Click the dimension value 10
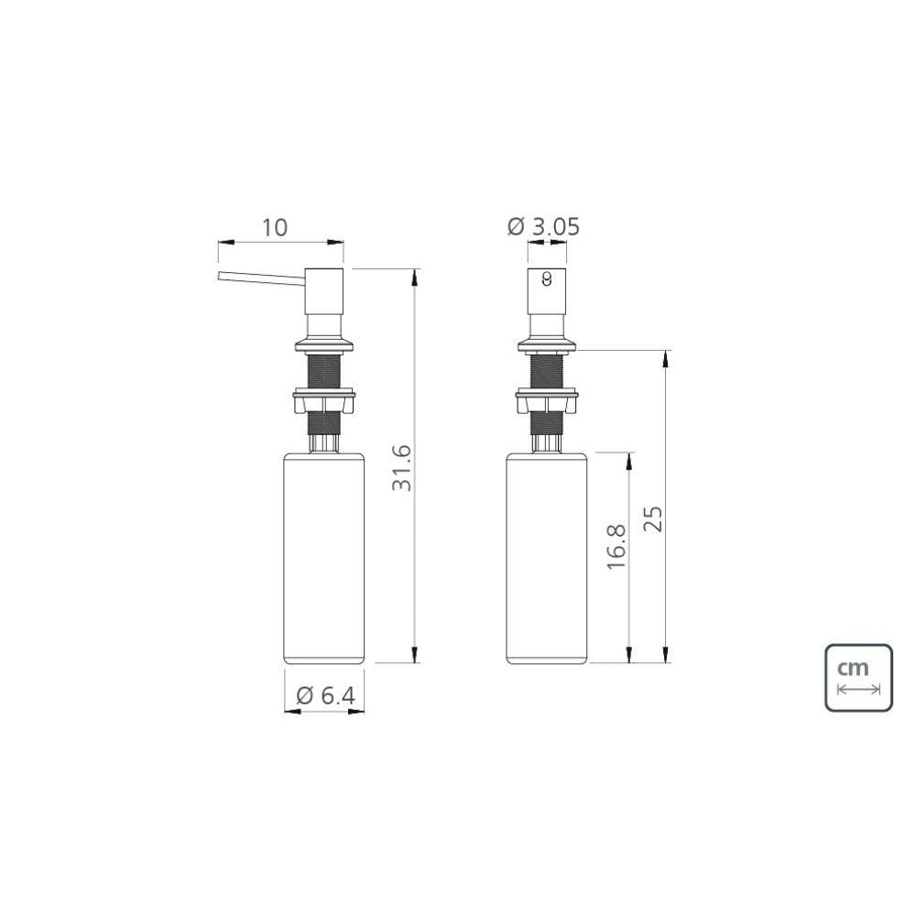(x=274, y=227)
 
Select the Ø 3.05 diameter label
(x=543, y=226)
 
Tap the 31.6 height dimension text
(x=402, y=468)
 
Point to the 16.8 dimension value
(x=616, y=547)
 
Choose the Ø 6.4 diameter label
(x=325, y=695)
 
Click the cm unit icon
(x=858, y=678)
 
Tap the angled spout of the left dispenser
(x=262, y=279)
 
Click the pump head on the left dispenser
(x=324, y=291)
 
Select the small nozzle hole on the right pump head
(x=547, y=279)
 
